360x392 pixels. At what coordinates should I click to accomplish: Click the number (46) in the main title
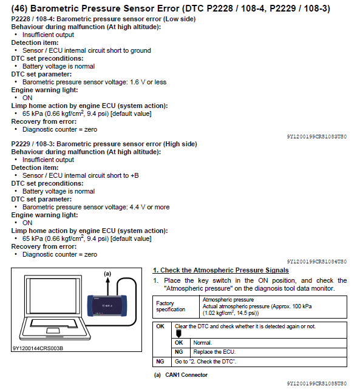click(19, 8)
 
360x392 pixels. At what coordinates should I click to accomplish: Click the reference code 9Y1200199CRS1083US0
click(317, 137)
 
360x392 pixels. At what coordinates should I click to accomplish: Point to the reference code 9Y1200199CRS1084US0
click(317, 262)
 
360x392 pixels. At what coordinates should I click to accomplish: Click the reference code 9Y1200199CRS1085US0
click(317, 384)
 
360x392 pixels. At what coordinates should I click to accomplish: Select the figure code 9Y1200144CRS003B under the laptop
click(38, 348)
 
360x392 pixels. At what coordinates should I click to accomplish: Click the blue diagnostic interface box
click(107, 306)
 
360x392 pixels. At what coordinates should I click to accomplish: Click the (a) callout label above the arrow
click(107, 274)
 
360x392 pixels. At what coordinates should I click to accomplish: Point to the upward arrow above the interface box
click(108, 286)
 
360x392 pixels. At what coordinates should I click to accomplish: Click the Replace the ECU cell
click(268, 352)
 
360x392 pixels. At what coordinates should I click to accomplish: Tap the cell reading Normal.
click(268, 343)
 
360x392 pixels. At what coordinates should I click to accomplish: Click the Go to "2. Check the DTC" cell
click(259, 362)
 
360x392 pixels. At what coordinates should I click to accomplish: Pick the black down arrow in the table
click(178, 334)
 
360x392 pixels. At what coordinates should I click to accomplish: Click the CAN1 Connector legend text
click(186, 375)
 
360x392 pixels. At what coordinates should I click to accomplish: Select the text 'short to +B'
click(123, 175)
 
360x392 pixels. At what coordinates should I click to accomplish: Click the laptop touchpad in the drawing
click(53, 331)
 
